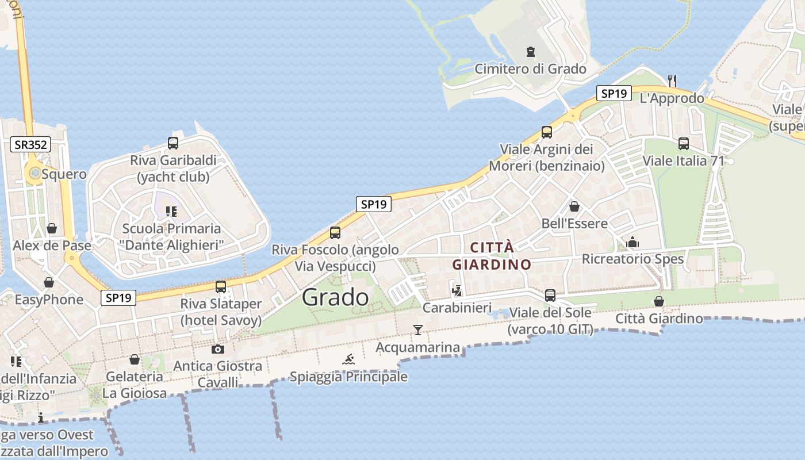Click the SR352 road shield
[31, 144]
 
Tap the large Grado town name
[335, 297]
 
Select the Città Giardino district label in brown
[492, 256]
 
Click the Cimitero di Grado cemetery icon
[530, 52]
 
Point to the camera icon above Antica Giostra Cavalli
[217, 349]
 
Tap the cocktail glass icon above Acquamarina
[418, 329]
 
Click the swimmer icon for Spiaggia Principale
[348, 360]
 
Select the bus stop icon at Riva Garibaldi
[172, 143]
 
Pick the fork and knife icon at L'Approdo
[672, 80]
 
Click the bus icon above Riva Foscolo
[335, 233]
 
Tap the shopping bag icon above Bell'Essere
[574, 206]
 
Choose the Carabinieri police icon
[457, 290]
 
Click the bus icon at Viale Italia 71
[683, 144]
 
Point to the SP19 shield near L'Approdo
[614, 93]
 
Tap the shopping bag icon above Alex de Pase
[52, 229]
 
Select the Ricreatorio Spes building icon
[632, 242]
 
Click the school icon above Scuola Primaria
[171, 212]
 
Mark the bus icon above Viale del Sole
[550, 296]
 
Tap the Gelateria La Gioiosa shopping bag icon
[134, 359]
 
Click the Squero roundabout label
[64, 174]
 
